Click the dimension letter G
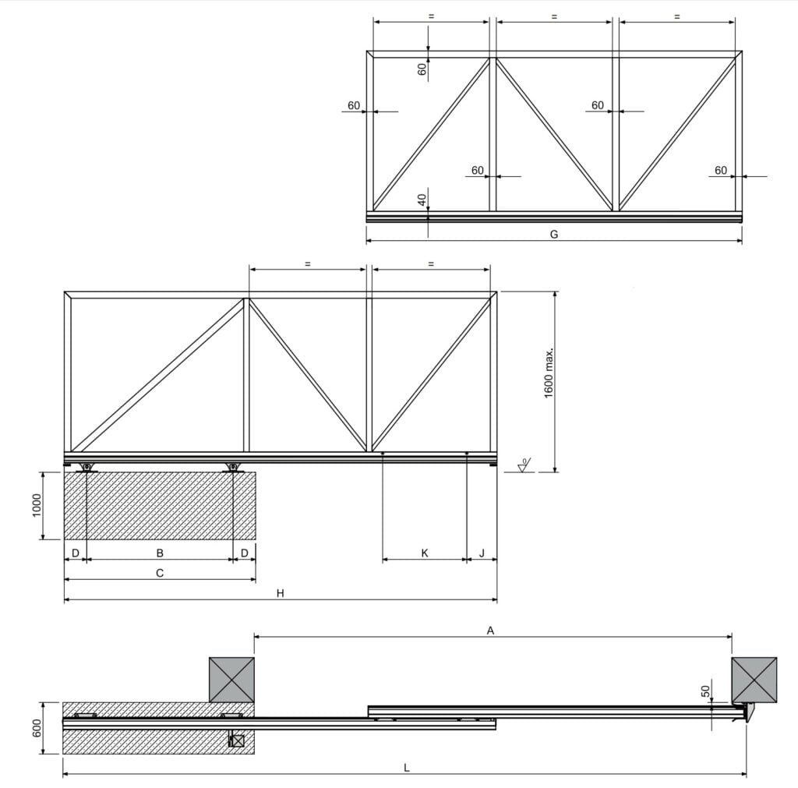click(x=554, y=234)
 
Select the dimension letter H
click(x=280, y=593)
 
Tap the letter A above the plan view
click(x=491, y=631)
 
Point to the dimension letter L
click(x=407, y=768)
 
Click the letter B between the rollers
click(x=160, y=553)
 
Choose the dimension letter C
click(x=160, y=573)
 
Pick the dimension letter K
click(x=425, y=553)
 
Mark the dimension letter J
click(x=482, y=553)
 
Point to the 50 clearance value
click(x=706, y=691)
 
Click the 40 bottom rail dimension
click(x=422, y=200)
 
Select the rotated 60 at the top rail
click(x=422, y=68)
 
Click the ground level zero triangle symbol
click(x=524, y=467)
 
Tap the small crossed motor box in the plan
click(x=237, y=741)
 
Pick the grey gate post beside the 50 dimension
click(x=754, y=680)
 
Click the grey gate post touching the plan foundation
click(x=231, y=680)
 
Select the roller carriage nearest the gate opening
click(x=232, y=468)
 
